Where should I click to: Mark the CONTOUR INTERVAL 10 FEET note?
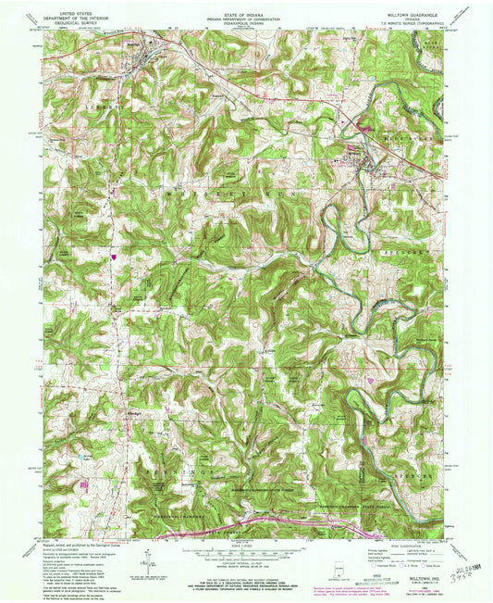pos(246,565)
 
